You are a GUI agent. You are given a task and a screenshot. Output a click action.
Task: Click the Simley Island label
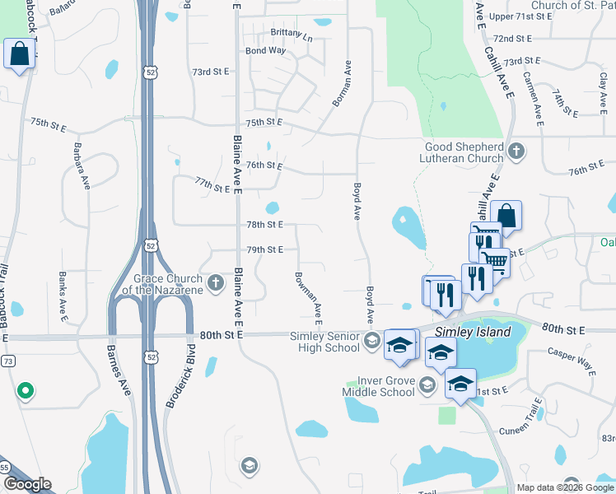tap(473, 332)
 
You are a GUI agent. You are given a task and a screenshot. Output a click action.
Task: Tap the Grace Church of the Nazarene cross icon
tap(216, 284)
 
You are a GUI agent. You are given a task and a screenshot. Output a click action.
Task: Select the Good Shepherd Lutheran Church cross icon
tap(516, 151)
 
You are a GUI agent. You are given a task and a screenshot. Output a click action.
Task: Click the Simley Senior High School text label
tap(324, 341)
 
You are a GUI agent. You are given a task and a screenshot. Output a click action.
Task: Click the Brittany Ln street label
tap(292, 37)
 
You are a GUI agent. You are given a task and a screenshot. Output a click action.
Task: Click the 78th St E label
tap(265, 224)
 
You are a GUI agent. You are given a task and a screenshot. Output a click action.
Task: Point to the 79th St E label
tap(265, 249)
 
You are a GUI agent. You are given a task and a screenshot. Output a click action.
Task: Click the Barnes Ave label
tap(119, 370)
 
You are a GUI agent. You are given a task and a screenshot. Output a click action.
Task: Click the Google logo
tap(27, 484)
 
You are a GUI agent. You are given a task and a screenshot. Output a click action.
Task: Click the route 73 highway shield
tap(7, 361)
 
